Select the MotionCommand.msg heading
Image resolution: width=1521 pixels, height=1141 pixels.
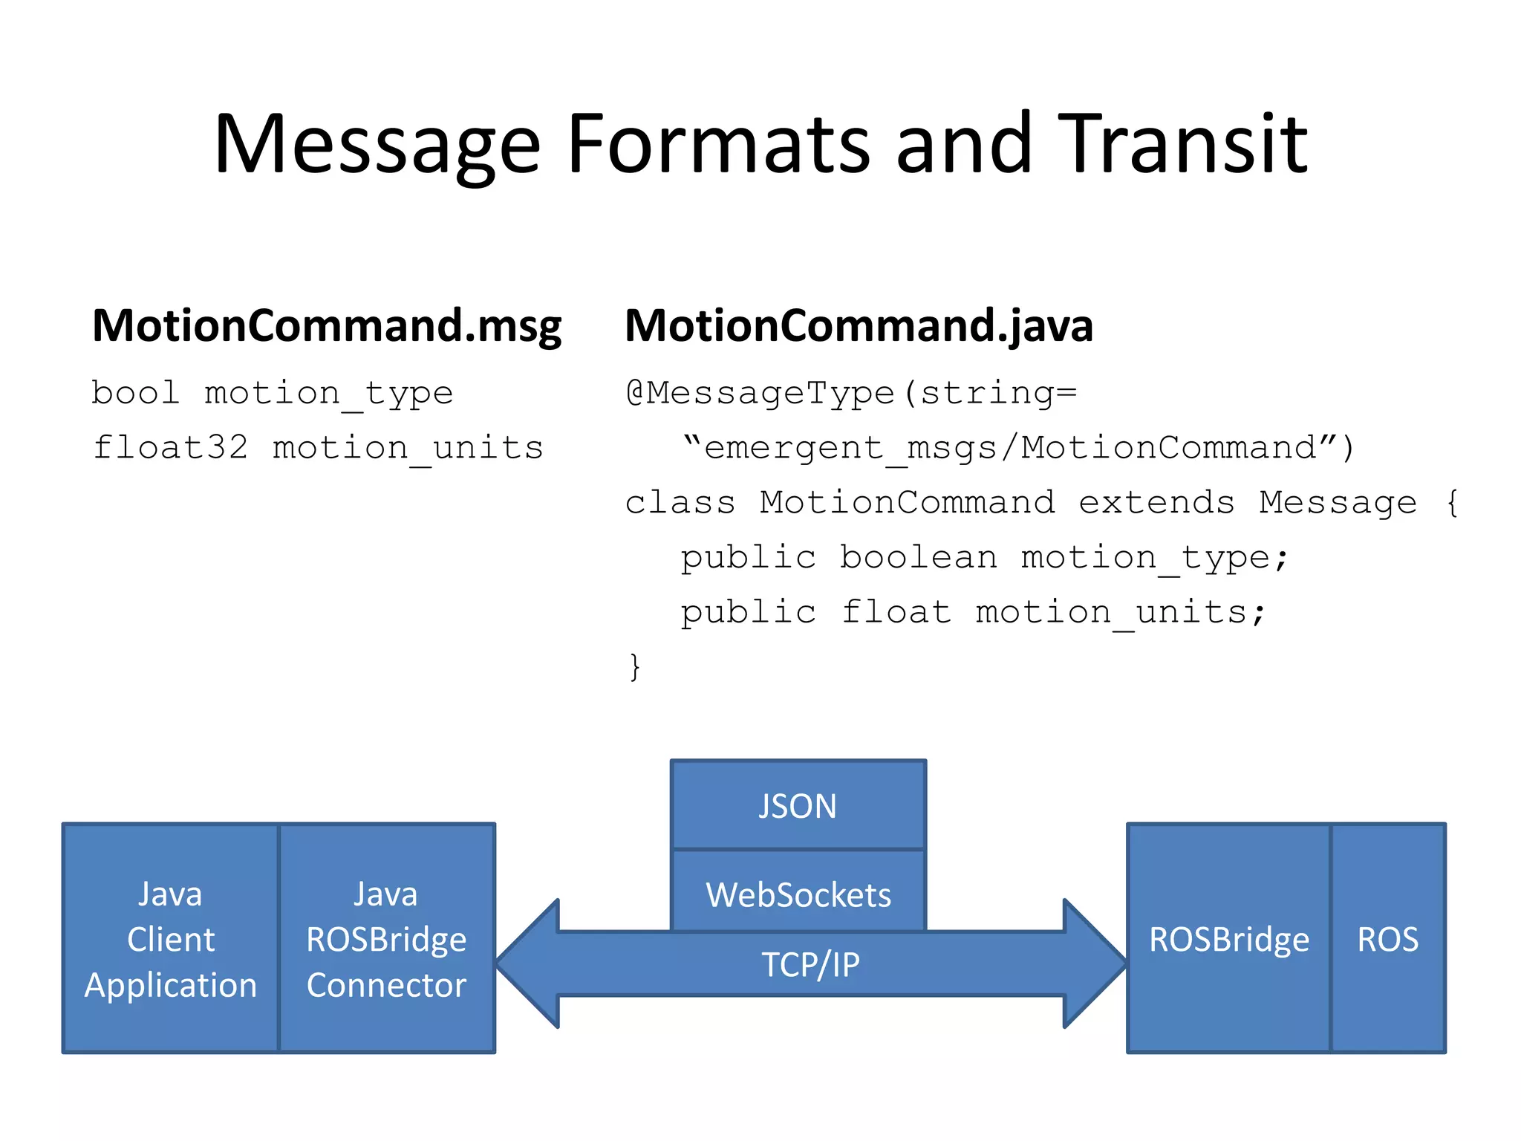[x=327, y=327]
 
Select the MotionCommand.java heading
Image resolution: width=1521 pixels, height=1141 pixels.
[x=859, y=327]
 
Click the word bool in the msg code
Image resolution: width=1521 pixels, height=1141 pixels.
[x=135, y=392]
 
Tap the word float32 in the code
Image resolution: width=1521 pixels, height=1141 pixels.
[x=170, y=447]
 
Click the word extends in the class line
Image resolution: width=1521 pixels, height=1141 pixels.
[x=1156, y=502]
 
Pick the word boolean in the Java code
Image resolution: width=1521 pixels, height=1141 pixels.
[x=918, y=557]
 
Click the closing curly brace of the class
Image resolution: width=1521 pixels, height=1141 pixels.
[x=634, y=666]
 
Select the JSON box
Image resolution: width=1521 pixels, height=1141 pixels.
[x=798, y=805]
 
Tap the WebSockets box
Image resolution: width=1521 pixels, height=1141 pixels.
[x=798, y=894]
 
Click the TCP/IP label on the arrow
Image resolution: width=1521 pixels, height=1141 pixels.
[x=810, y=964]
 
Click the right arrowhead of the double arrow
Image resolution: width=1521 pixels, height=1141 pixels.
[x=1093, y=963]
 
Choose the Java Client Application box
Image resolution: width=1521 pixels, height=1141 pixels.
[x=171, y=938]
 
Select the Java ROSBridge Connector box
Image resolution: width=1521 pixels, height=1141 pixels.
[x=386, y=938]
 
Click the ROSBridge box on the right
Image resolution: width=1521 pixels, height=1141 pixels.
[x=1228, y=938]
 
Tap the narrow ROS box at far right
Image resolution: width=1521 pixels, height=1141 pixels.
[x=1387, y=938]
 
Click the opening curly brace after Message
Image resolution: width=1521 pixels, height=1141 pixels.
[x=1452, y=502]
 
